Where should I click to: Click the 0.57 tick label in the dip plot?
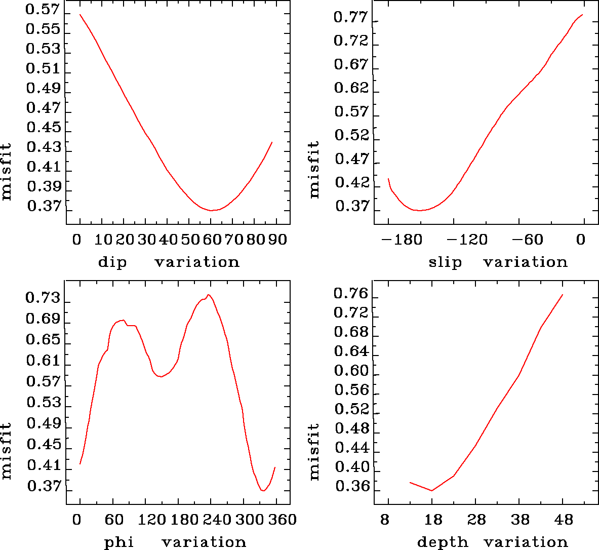pyautogui.click(x=43, y=10)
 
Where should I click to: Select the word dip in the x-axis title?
pyautogui.click(x=112, y=262)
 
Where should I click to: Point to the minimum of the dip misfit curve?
pyautogui.click(x=212, y=210)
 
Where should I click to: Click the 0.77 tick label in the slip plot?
pyautogui.click(x=350, y=18)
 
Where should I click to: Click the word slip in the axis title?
pyautogui.click(x=445, y=262)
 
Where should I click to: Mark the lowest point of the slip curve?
pyautogui.click(x=419, y=210)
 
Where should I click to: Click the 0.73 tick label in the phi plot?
pyautogui.click(x=43, y=298)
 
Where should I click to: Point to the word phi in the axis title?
pyautogui.click(x=119, y=542)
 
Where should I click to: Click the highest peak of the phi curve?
pyautogui.click(x=209, y=295)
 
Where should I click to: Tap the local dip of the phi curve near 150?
pyautogui.click(x=161, y=377)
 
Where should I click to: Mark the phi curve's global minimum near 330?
pyautogui.click(x=263, y=491)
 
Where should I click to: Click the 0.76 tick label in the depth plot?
pyautogui.click(x=350, y=294)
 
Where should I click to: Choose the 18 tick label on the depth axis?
pyautogui.click(x=433, y=520)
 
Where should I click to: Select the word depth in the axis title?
pyautogui.click(x=443, y=542)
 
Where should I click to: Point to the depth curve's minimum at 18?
pyautogui.click(x=432, y=491)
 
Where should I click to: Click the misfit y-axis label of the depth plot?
pyautogui.click(x=314, y=452)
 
